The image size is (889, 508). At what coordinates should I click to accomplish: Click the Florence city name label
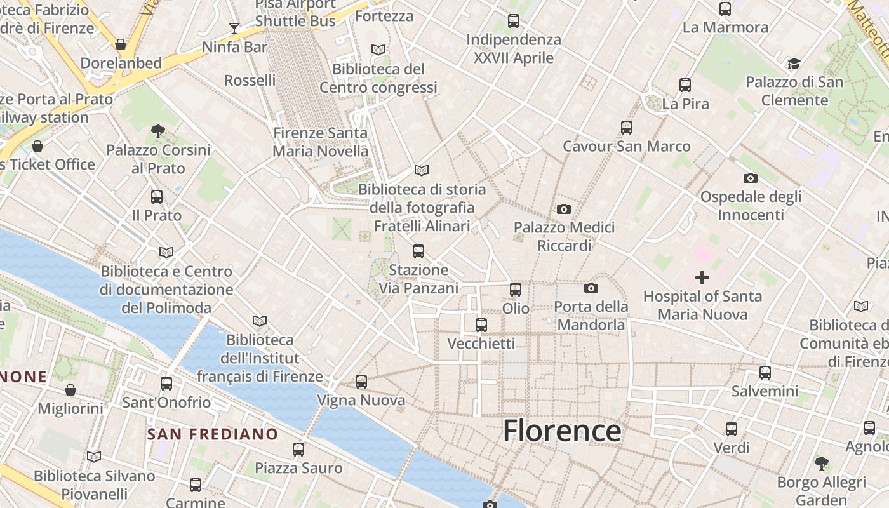[x=562, y=431]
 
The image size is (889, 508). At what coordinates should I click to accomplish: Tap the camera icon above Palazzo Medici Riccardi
[x=563, y=209]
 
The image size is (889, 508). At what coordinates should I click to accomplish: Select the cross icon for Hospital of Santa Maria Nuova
[x=702, y=277]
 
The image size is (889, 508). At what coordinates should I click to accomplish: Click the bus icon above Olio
[x=516, y=290]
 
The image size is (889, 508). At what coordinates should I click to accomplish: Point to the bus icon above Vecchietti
[x=481, y=325]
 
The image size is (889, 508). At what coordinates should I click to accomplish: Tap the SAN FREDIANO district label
[x=213, y=434]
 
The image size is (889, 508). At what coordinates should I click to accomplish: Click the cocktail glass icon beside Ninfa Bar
[x=234, y=29]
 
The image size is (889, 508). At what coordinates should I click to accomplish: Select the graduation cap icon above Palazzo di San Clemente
[x=794, y=63]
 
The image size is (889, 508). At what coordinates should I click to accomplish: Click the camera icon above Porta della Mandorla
[x=591, y=288]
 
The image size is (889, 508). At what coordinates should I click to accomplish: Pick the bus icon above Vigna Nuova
[x=361, y=382]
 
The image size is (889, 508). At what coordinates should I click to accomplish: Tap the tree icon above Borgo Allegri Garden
[x=822, y=463]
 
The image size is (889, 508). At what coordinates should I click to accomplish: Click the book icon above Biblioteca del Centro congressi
[x=378, y=50]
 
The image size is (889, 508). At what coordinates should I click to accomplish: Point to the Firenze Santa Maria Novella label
[x=321, y=142]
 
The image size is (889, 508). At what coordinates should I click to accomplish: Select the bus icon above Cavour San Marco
[x=627, y=128]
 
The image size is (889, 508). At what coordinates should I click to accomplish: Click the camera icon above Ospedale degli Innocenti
[x=751, y=178]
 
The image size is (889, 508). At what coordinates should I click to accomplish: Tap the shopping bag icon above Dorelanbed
[x=121, y=44]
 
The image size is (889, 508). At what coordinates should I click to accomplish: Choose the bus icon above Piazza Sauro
[x=298, y=450]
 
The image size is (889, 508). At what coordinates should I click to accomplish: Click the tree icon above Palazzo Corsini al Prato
[x=158, y=131]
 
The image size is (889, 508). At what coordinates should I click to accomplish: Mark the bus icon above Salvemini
[x=765, y=373]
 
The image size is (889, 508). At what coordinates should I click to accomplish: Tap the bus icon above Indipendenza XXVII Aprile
[x=514, y=21]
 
